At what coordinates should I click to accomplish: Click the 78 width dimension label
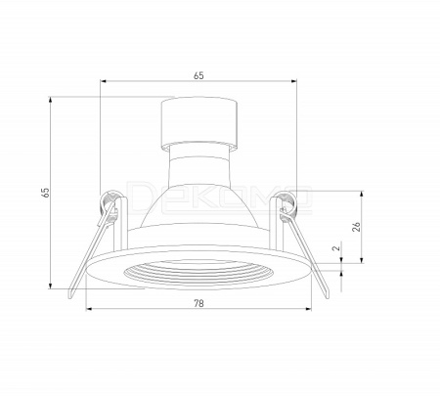(x=198, y=303)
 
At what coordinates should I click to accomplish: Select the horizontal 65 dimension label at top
(x=198, y=75)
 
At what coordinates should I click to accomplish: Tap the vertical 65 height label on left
(x=46, y=193)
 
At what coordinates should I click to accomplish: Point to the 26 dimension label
(x=357, y=227)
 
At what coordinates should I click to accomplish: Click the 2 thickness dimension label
(x=335, y=247)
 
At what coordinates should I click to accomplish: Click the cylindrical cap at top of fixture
(x=199, y=122)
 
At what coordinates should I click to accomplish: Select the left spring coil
(x=110, y=203)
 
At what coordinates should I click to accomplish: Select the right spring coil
(x=287, y=203)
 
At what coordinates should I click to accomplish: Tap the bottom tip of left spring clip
(x=70, y=297)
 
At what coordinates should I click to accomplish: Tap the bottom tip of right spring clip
(x=327, y=296)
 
